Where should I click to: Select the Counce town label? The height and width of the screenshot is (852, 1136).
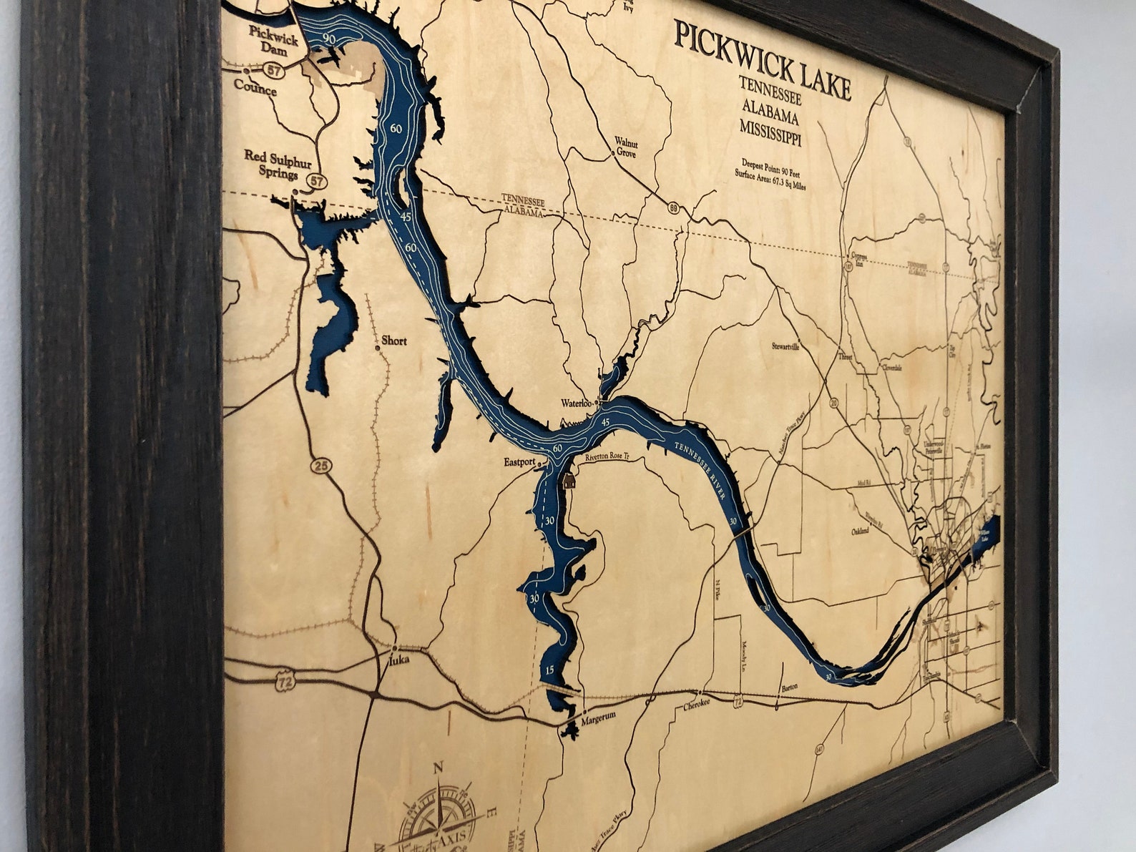click(255, 89)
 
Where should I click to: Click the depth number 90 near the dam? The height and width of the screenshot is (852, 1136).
click(328, 38)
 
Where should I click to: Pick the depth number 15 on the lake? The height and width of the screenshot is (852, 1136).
click(549, 670)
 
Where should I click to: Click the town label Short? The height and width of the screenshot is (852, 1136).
click(393, 341)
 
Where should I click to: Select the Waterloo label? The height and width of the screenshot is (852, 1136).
click(577, 403)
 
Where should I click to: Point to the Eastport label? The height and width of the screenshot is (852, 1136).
click(519, 462)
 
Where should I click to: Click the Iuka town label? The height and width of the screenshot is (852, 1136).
click(398, 660)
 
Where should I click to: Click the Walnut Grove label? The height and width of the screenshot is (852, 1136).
click(626, 148)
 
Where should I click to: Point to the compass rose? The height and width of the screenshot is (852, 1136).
click(437, 816)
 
